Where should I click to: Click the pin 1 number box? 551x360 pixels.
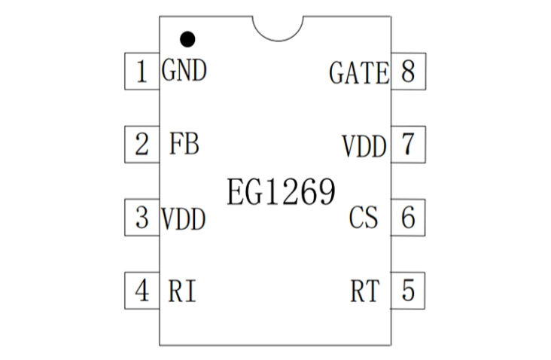pos(141,72)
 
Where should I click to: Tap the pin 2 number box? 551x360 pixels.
pos(141,144)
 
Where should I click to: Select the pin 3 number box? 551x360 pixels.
pos(141,218)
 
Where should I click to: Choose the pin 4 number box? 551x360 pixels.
pos(141,290)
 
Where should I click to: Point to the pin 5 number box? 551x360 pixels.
pos(408,290)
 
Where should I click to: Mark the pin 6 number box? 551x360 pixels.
pos(408,218)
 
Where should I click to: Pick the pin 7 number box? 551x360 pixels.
pos(408,144)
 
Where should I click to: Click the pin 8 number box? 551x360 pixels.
pos(408,72)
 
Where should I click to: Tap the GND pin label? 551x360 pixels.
pos(184,72)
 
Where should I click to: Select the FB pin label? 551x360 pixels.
pos(184,144)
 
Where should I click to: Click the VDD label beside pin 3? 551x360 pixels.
pos(184,218)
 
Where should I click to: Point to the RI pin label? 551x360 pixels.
pos(182,291)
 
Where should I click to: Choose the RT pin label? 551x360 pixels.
pos(365,291)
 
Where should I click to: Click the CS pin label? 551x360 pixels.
pos(364,218)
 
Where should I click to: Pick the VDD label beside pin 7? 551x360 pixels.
pos(364,145)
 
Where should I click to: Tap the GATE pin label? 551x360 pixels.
pos(359,74)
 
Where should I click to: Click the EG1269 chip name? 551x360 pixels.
pos(280,192)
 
